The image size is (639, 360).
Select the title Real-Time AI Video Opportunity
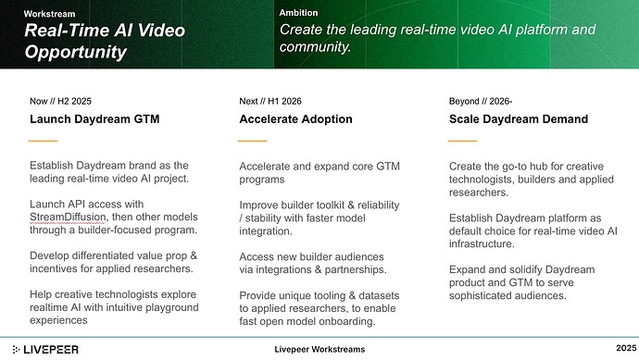(x=104, y=41)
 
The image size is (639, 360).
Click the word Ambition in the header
(x=298, y=13)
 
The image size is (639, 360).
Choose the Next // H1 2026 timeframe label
(x=270, y=100)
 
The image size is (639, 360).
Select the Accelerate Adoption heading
(x=295, y=118)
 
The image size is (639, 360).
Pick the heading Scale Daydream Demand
(x=517, y=118)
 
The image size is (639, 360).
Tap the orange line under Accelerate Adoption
(x=253, y=141)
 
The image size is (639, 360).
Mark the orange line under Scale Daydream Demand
(x=463, y=141)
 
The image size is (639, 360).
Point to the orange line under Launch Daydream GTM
(x=44, y=141)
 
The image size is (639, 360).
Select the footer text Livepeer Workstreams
(x=319, y=349)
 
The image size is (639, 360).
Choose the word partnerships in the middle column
(x=357, y=268)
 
